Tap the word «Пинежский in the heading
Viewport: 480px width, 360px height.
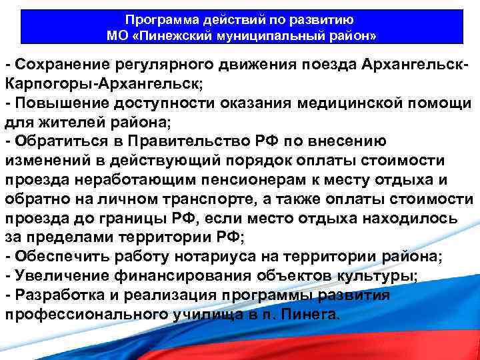point(169,34)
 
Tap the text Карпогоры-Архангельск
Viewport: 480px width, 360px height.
point(103,85)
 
